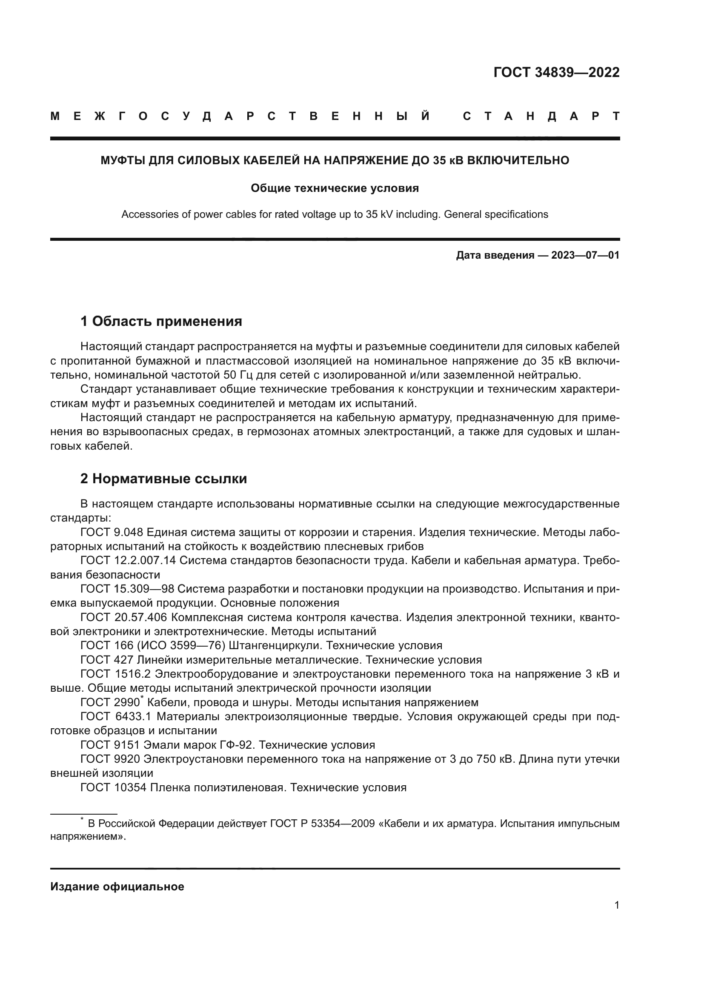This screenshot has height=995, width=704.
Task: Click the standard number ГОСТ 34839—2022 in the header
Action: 556,72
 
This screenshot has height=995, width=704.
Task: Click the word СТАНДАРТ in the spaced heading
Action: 541,116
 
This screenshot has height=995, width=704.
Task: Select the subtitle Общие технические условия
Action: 335,188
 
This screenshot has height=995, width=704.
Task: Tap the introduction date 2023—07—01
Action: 585,255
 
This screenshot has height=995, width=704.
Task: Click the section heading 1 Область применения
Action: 161,321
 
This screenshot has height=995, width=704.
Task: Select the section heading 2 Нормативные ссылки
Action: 163,479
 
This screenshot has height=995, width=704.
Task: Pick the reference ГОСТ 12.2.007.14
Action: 128,560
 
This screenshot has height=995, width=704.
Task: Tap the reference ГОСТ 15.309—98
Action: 127,588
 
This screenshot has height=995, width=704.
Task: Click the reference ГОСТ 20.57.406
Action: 123,617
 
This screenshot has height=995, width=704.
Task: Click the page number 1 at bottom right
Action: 616,905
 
